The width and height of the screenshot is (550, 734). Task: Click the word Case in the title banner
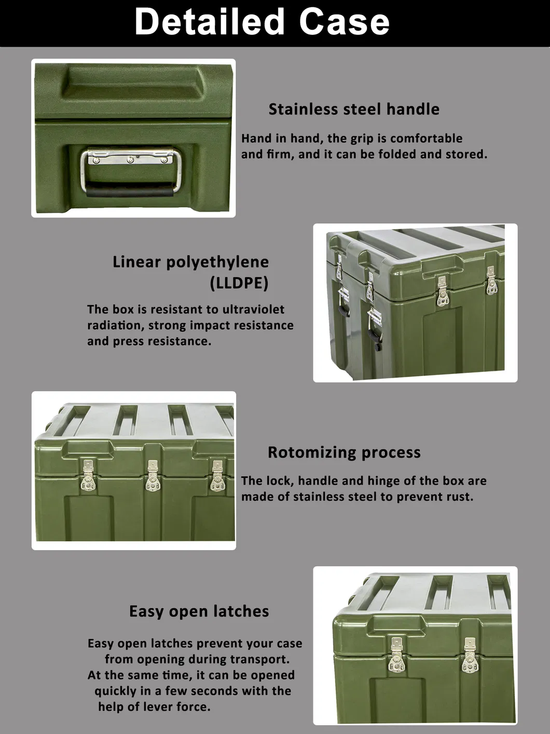(x=345, y=22)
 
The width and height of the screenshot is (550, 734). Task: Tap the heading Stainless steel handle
(x=354, y=109)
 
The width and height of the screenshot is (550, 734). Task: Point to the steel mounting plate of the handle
(x=131, y=156)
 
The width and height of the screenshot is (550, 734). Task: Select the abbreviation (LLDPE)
(x=239, y=283)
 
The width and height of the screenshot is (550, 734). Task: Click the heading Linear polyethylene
(x=191, y=262)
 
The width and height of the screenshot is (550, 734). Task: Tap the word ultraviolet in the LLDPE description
(x=253, y=310)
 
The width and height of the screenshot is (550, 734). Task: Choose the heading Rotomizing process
(x=344, y=452)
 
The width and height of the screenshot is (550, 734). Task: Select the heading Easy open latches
(x=199, y=611)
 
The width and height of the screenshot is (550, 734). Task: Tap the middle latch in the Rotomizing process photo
(x=152, y=477)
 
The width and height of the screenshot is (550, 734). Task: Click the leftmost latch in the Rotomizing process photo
(x=89, y=477)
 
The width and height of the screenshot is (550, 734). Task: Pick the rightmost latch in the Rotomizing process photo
(x=217, y=477)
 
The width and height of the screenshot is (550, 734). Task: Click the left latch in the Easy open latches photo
(x=397, y=655)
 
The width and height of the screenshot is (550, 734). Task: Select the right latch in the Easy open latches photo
(x=470, y=656)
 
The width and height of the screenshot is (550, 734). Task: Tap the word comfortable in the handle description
(x=426, y=139)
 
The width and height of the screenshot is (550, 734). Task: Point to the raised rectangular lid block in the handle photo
(x=134, y=86)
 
